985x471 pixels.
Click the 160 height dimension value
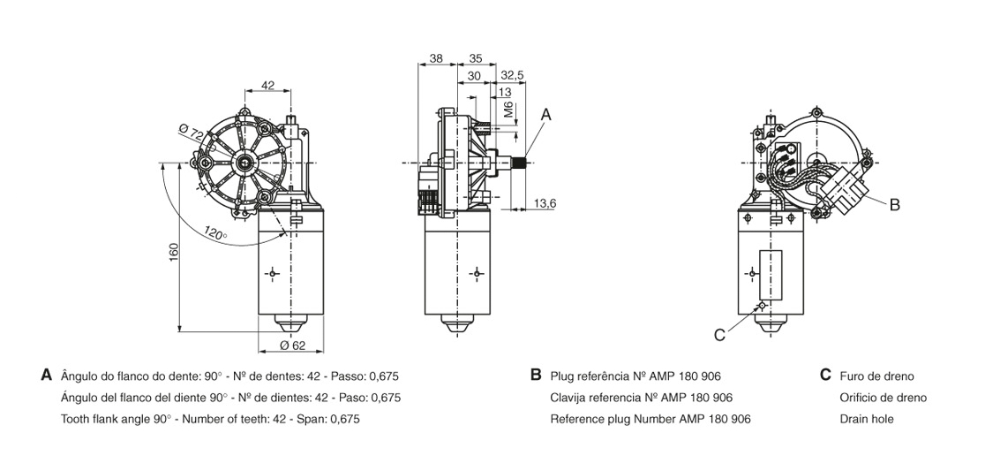pyautogui.click(x=175, y=251)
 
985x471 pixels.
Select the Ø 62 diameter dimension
pyautogui.click(x=292, y=345)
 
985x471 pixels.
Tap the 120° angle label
pyautogui.click(x=214, y=234)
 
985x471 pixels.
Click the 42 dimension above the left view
pyautogui.click(x=268, y=86)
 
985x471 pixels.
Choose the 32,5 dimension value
pyautogui.click(x=512, y=76)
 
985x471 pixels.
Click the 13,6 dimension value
pyautogui.click(x=545, y=204)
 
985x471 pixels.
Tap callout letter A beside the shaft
pyautogui.click(x=545, y=114)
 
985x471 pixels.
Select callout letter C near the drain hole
pyautogui.click(x=719, y=334)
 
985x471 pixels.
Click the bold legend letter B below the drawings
pyautogui.click(x=535, y=375)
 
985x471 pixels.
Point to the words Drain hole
pyautogui.click(x=867, y=419)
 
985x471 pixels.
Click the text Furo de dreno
pyautogui.click(x=876, y=376)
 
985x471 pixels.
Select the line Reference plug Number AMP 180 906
pyautogui.click(x=650, y=419)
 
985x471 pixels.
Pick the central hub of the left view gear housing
pyautogui.click(x=244, y=162)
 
